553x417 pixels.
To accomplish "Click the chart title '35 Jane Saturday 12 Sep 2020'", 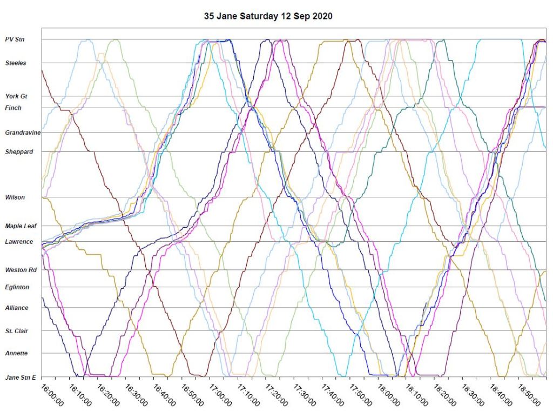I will click(x=268, y=16).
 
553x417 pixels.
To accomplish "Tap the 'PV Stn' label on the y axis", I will click(x=15, y=39).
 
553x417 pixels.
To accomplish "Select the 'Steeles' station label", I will click(x=16, y=63).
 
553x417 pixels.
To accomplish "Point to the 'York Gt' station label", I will click(x=16, y=96).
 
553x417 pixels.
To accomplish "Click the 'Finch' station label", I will click(x=14, y=108).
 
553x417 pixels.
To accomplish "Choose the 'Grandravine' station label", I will click(x=23, y=133).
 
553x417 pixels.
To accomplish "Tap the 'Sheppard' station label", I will click(x=19, y=152).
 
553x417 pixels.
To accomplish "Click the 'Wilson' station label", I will click(x=15, y=197).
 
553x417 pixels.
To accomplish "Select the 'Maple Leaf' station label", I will click(x=21, y=226).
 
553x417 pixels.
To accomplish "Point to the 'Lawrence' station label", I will click(x=19, y=242).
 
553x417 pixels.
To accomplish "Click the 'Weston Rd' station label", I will click(x=21, y=270).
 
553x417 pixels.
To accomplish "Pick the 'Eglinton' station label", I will click(x=17, y=287).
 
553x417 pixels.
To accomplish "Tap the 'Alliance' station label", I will click(x=17, y=308).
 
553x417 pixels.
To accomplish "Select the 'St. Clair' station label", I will click(x=17, y=330).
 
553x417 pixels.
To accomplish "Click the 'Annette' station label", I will click(x=16, y=353).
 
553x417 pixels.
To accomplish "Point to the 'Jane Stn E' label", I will click(x=21, y=377).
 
